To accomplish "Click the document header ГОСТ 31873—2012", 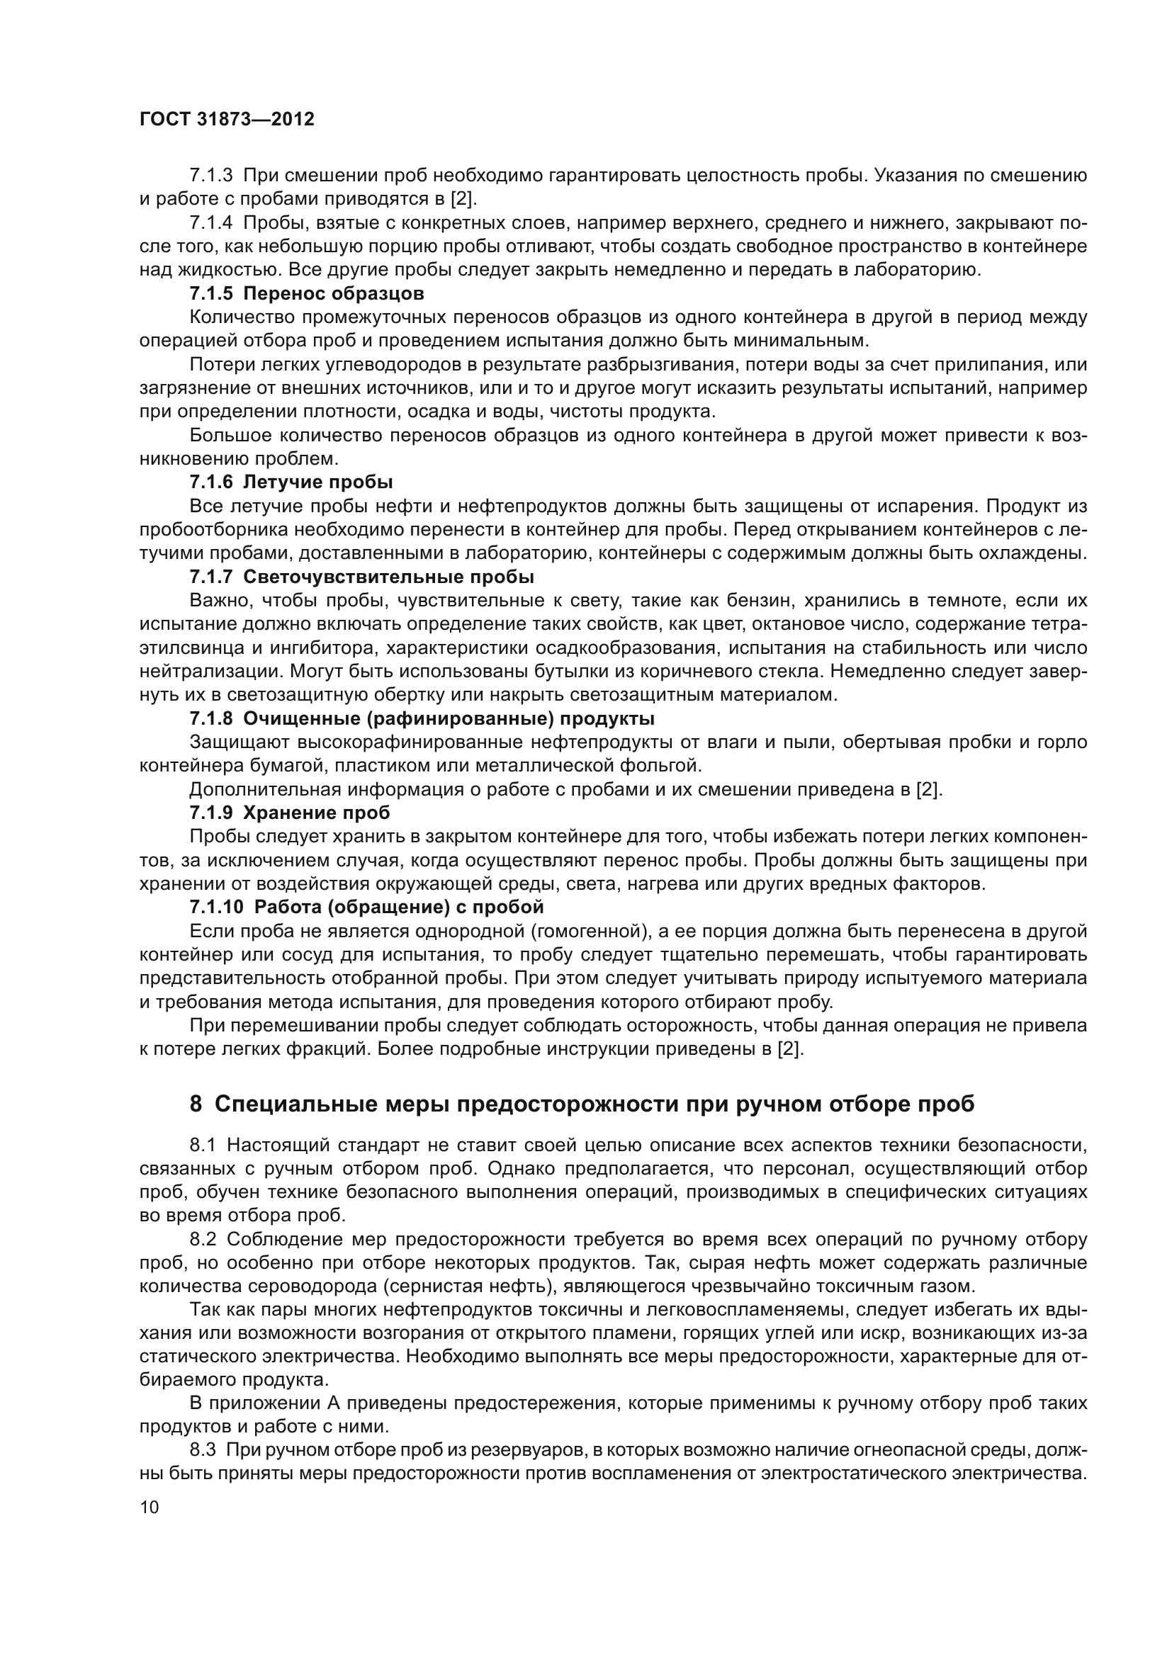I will pyautogui.click(x=227, y=120).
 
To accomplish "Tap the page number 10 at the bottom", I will pyautogui.click(x=149, y=1507).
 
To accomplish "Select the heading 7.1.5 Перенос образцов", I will pyautogui.click(x=307, y=294).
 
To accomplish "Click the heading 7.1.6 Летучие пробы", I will pyautogui.click(x=291, y=481).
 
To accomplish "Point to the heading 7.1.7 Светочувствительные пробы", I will pyautogui.click(x=361, y=577).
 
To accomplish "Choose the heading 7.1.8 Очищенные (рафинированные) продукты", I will pyautogui.click(x=422, y=718).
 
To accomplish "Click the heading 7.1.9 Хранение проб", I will pyautogui.click(x=289, y=813).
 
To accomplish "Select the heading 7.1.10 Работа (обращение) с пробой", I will pyautogui.click(x=366, y=907).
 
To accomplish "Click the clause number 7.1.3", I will pyautogui.click(x=210, y=176).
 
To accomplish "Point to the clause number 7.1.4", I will pyautogui.click(x=210, y=223).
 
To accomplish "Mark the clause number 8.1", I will pyautogui.click(x=203, y=1146).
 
